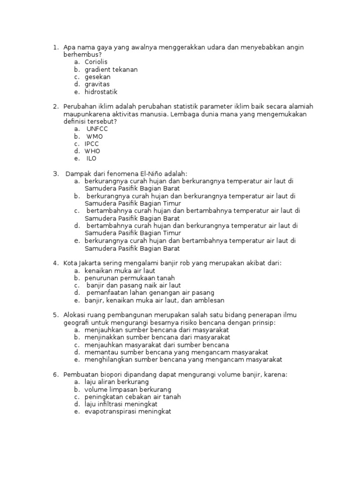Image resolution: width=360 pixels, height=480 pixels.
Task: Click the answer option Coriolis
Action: pos(96,62)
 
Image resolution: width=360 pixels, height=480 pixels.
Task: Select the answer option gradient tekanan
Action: pos(111,69)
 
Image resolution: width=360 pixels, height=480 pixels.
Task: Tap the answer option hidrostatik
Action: pos(101,92)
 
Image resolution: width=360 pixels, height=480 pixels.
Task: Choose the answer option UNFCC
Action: pos(97,129)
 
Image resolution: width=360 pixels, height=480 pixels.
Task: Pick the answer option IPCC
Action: pos(92,144)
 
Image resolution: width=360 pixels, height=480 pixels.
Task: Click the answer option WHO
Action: pos(92,151)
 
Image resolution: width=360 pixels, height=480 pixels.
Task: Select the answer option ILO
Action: pos(91,159)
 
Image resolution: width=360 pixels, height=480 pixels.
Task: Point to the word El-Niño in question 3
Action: pos(147,173)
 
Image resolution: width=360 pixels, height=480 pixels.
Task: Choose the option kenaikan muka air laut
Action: pos(120,270)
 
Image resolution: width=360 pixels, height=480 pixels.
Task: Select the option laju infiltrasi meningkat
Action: pos(121,404)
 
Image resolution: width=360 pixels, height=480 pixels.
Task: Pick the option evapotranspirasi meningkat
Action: pos(128,412)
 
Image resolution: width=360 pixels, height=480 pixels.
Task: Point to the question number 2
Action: pos(55,107)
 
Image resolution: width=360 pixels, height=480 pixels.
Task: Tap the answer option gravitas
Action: pos(97,84)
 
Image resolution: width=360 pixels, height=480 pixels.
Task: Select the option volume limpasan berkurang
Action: pos(127,390)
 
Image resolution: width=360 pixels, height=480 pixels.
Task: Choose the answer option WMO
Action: pos(95,136)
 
